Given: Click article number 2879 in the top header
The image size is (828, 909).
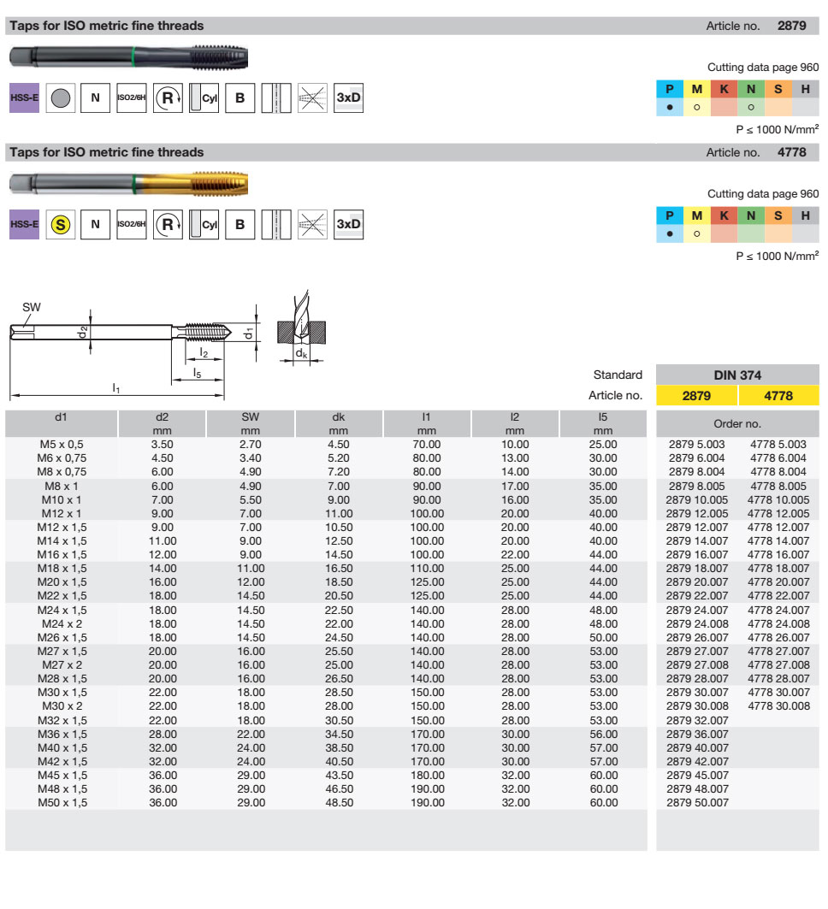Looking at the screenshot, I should (791, 26).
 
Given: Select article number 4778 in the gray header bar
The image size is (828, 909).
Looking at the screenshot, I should (791, 152).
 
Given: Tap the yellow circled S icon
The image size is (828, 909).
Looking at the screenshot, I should (59, 224).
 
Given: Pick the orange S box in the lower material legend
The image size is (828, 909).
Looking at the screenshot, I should (778, 216).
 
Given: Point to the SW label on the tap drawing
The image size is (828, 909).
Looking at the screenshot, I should (32, 307).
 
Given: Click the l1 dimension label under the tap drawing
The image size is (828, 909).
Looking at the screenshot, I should (116, 388).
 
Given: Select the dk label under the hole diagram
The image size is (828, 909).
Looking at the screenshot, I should (301, 353).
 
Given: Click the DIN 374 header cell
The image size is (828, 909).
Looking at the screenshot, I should (737, 375).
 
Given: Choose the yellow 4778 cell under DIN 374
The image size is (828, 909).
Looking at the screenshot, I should (778, 396).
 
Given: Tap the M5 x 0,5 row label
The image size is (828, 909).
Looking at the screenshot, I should (62, 445).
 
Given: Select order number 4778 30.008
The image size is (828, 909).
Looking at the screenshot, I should (778, 705).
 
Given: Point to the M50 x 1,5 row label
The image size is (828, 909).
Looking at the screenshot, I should (62, 802).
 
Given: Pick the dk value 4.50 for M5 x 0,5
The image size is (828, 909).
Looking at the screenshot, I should (338, 445).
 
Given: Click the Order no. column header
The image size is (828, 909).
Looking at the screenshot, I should (737, 423).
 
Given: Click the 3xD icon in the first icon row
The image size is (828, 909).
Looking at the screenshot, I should (348, 98).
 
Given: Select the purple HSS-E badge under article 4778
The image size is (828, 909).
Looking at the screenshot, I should (24, 224).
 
